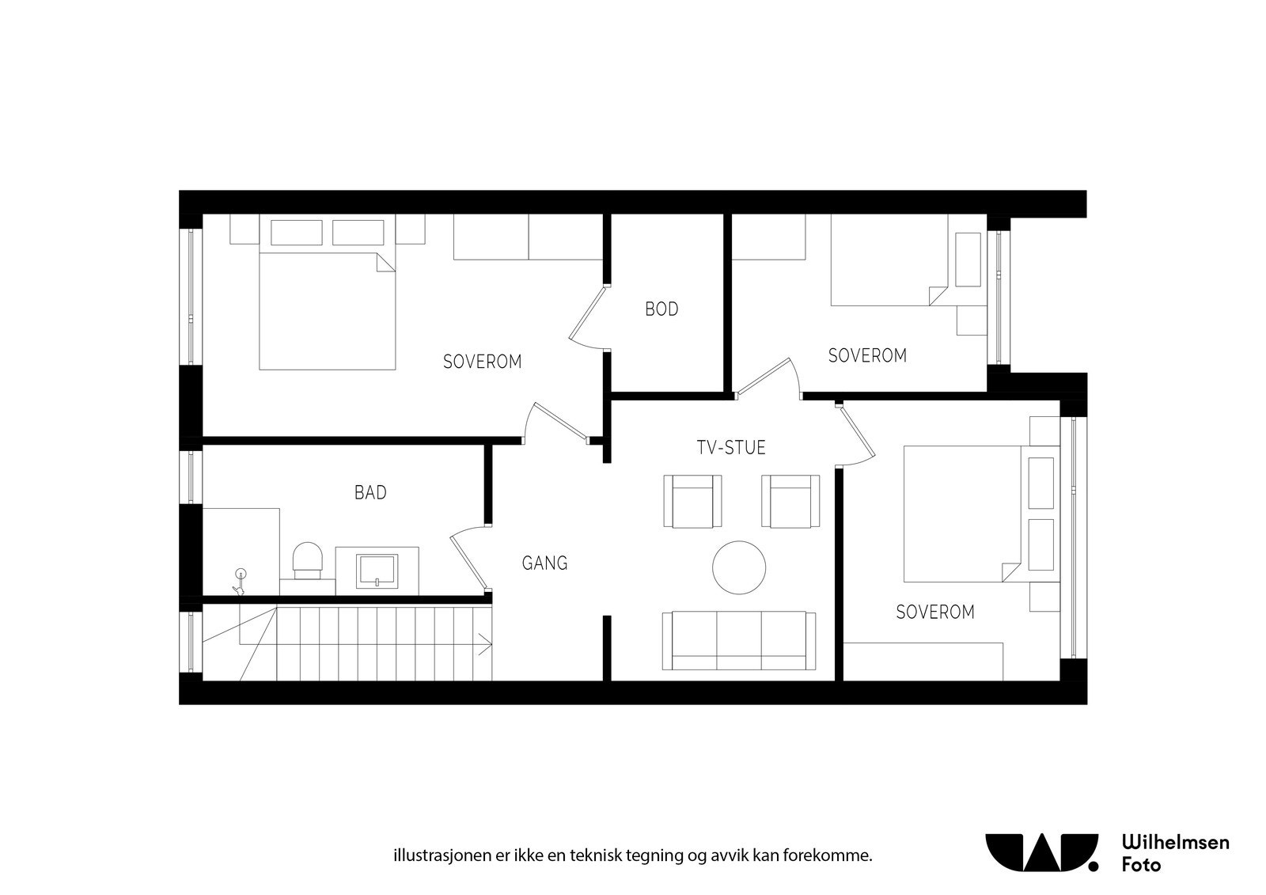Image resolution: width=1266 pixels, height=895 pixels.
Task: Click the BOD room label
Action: click(661, 309)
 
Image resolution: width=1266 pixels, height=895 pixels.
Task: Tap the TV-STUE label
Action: click(730, 448)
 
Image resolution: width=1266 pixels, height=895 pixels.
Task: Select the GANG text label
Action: click(544, 563)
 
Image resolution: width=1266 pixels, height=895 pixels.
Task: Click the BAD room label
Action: click(370, 493)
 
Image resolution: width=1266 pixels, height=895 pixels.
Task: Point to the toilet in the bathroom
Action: click(308, 559)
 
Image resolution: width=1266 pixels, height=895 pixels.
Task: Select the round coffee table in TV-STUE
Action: click(739, 567)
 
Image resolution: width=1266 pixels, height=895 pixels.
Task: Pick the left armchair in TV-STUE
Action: click(693, 501)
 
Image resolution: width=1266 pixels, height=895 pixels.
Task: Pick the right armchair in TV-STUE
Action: click(790, 501)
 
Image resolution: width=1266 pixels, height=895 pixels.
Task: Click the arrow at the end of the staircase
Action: click(485, 643)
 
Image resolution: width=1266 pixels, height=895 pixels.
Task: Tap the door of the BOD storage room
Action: click(587, 316)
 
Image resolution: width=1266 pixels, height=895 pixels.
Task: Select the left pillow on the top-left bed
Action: click(297, 233)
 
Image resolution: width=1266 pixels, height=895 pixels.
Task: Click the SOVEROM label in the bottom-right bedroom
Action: click(934, 612)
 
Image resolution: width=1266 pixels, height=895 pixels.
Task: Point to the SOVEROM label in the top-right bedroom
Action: click(867, 356)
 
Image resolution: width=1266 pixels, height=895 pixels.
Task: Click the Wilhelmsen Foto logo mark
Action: click(1041, 851)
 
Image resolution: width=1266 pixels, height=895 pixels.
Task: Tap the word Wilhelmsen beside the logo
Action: click(1176, 842)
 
